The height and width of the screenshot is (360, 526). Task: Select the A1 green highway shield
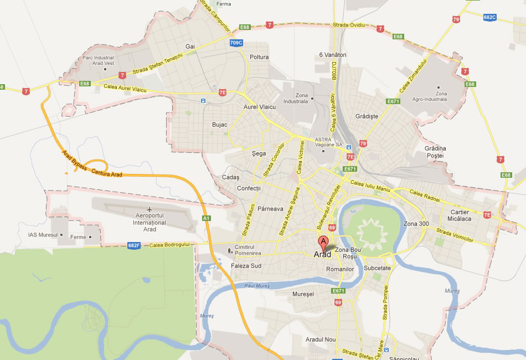[x=206, y=219]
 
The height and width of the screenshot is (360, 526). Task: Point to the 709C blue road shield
[x=236, y=42]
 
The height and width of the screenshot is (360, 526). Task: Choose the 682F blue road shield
[x=133, y=245]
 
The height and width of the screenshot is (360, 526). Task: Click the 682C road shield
[x=489, y=17]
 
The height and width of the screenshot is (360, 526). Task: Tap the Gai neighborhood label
[x=191, y=47]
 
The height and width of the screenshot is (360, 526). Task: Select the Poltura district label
[x=259, y=57]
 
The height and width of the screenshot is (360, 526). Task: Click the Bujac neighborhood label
[x=220, y=125]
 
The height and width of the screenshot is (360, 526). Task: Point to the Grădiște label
[x=367, y=116]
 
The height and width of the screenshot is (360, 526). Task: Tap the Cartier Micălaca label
[x=460, y=215]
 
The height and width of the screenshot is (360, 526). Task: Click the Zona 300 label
[x=416, y=224]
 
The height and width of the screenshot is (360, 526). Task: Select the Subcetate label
[x=378, y=268]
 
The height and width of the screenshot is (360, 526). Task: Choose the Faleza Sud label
[x=246, y=266]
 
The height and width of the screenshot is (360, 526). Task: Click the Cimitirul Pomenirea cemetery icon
[x=230, y=250]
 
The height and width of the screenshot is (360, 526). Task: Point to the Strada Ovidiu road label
[x=349, y=25]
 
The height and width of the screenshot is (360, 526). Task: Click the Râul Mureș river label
[x=256, y=286]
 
